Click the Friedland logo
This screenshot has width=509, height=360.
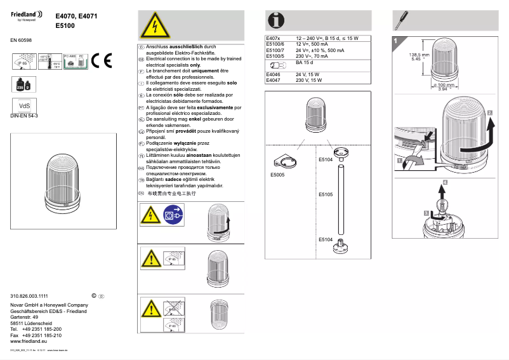point(26,15)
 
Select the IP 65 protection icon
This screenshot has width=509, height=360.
point(22,62)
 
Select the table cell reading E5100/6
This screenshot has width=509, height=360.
point(275,44)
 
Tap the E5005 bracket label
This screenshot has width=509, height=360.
point(278,174)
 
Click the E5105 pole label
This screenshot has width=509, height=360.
point(325,194)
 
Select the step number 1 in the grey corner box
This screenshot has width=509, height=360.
point(396,41)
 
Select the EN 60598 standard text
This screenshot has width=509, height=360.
point(21,40)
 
